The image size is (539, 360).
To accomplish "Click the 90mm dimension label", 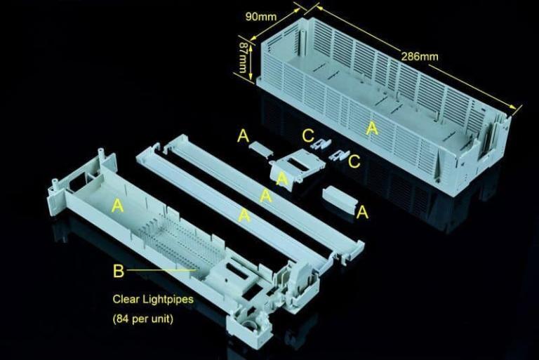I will coord(260,16).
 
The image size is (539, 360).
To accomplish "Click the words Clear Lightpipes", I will coord(153,299).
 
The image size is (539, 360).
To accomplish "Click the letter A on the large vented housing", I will coord(372,128).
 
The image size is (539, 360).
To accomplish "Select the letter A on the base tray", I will coord(117,205).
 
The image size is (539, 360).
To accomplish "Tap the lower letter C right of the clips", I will coord(354,161).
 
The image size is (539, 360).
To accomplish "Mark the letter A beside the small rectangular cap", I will coord(362,212).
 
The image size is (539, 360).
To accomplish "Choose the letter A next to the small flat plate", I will coord(243,135).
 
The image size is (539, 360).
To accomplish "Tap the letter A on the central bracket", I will coord(282,180).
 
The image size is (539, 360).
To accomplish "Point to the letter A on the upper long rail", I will coord(266,196).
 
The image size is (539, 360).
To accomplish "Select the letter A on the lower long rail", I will coord(244,215).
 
